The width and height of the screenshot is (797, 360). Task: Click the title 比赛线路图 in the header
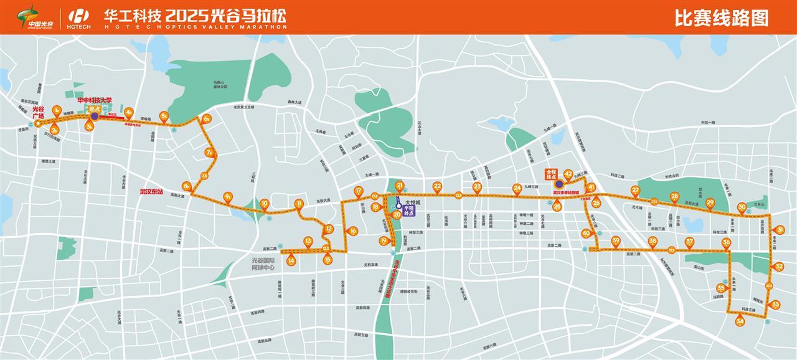pyautogui.click(x=722, y=18)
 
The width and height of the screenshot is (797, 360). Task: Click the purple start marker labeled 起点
pyautogui.click(x=94, y=116)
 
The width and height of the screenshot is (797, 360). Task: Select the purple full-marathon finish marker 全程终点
pyautogui.click(x=559, y=184)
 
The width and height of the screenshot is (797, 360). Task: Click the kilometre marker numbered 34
pyautogui.click(x=740, y=321)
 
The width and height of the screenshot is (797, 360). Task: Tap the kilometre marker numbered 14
pyautogui.click(x=291, y=261)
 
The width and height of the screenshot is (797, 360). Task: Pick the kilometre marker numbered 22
pyautogui.click(x=437, y=186)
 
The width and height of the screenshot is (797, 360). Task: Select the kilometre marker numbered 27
pyautogui.click(x=635, y=191)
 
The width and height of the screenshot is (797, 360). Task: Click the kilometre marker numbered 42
pyautogui.click(x=568, y=174)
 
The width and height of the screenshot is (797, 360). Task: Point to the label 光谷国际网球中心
pyautogui.click(x=263, y=265)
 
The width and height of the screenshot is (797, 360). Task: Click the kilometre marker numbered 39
pyautogui.click(x=616, y=241)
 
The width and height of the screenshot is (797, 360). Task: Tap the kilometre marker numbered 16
pyautogui.click(x=353, y=231)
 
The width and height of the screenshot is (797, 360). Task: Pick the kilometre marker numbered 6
pyautogui.click(x=207, y=119)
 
